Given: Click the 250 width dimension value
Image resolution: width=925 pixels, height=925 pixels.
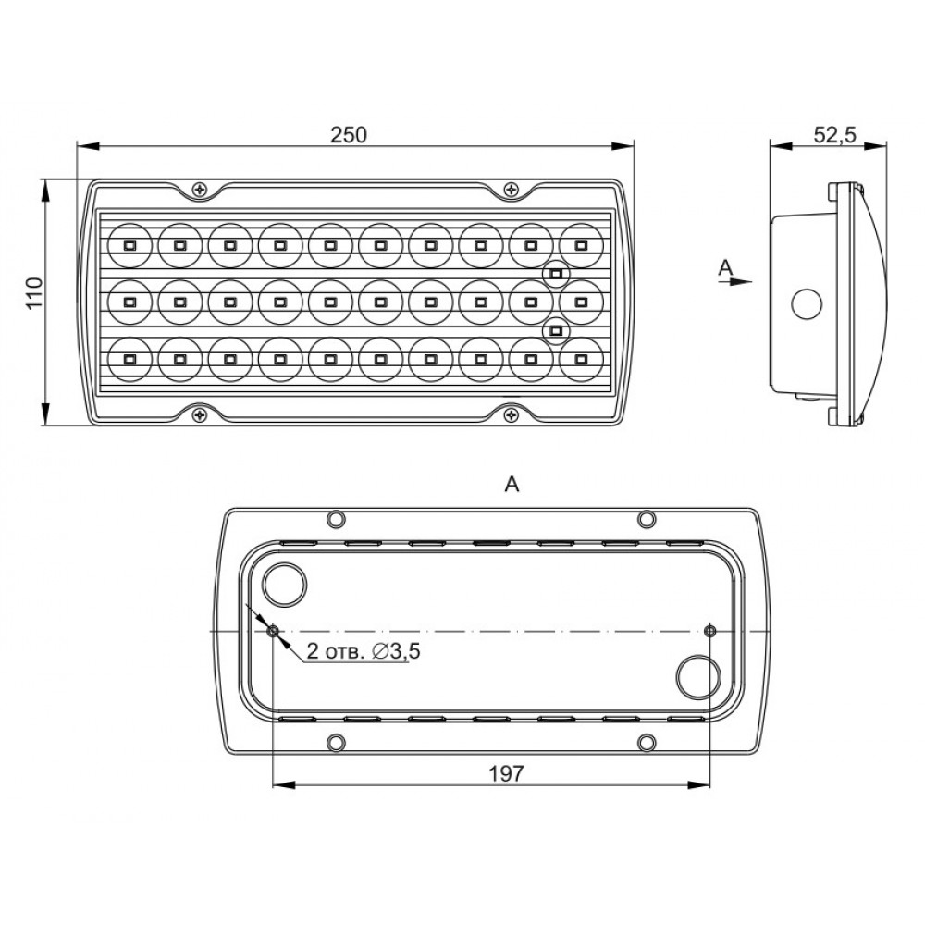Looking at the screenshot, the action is (x=349, y=135).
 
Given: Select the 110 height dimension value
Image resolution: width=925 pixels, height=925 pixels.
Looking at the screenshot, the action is (x=35, y=292).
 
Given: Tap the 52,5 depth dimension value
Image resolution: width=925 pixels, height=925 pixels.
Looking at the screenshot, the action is (x=834, y=135).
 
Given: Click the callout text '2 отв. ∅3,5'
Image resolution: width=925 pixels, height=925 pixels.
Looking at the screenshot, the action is (x=364, y=651).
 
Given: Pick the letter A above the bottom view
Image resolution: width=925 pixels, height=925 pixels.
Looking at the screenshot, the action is (x=512, y=485).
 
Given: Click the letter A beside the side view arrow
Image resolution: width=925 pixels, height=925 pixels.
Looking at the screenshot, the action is (x=725, y=267).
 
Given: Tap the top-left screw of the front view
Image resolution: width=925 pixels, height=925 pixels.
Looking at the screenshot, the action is (x=201, y=190).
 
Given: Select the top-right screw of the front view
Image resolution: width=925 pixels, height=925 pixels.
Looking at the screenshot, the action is (x=511, y=190).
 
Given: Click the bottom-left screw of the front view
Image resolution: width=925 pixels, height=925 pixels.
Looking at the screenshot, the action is (x=201, y=414).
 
